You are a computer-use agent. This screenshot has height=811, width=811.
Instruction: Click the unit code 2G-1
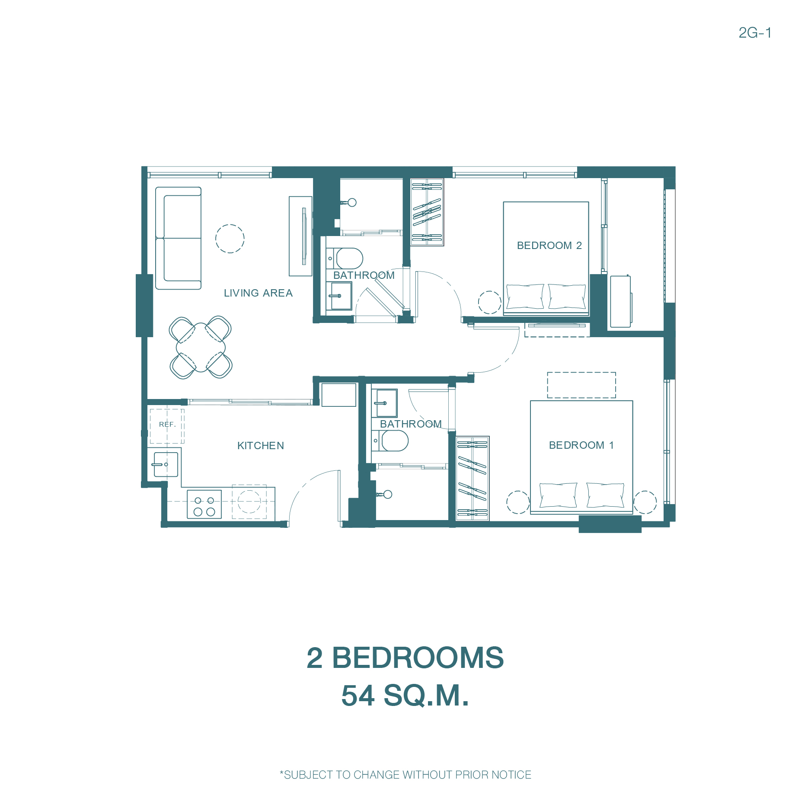click(755, 33)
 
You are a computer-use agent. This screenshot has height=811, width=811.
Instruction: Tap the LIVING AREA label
click(258, 293)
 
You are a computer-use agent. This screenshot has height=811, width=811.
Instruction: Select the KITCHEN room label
click(261, 446)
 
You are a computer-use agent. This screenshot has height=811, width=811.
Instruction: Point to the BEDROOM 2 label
click(549, 246)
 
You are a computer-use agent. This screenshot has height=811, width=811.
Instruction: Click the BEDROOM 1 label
click(581, 445)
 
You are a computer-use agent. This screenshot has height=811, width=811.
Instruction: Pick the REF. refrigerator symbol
click(167, 426)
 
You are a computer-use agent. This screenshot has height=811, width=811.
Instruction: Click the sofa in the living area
click(179, 238)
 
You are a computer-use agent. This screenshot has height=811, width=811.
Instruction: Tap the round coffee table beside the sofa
click(230, 239)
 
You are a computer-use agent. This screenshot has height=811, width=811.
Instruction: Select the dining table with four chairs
click(201, 347)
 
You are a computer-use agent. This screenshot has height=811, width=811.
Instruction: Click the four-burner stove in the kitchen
click(204, 504)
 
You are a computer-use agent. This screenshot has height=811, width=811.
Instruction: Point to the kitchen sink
click(166, 464)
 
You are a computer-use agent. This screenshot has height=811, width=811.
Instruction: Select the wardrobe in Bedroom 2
click(427, 212)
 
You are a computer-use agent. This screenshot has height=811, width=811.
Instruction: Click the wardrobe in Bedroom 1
click(473, 479)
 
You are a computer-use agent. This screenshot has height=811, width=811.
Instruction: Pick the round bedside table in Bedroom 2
click(490, 302)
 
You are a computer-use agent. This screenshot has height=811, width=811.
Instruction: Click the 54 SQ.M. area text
click(405, 696)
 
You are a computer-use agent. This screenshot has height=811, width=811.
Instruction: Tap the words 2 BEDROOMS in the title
click(405, 658)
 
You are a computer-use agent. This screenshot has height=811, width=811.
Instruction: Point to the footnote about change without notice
click(405, 775)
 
